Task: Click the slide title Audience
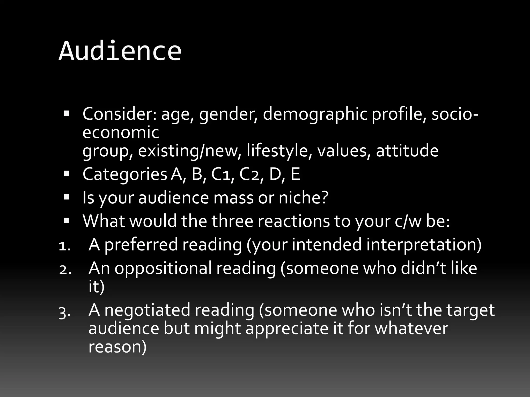120,51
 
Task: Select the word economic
121,132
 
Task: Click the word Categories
125,174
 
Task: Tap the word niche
300,198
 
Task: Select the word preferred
141,245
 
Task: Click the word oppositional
163,268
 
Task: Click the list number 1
63,246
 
